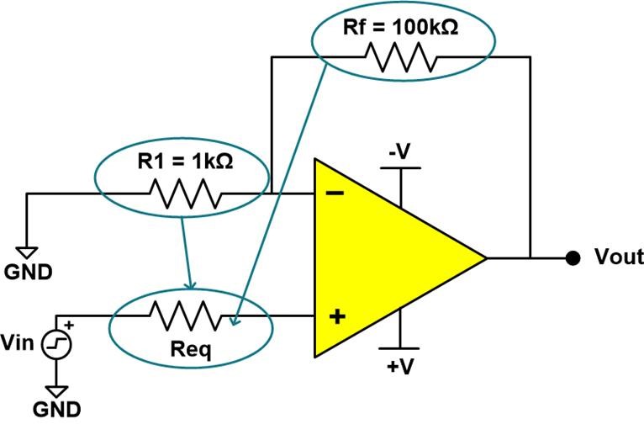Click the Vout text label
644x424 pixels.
618,257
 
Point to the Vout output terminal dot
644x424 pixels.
573,257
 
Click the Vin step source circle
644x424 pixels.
57,343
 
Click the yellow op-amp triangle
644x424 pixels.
387,257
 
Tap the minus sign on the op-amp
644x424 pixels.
334,193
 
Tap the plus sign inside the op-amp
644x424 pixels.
335,316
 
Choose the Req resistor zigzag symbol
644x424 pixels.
186,316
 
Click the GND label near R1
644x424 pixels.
28,272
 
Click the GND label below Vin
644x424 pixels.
57,409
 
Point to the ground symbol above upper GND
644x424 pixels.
28,251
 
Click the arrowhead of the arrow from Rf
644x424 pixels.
236,321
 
